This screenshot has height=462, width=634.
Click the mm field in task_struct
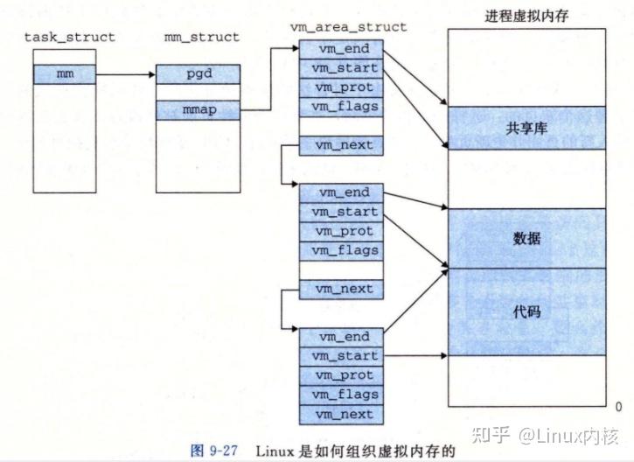[65, 74]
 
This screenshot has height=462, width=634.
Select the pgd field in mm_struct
[198, 74]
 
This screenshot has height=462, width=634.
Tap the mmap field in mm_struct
[198, 111]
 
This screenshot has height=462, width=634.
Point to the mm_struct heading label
[201, 37]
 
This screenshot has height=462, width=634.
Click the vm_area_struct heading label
[348, 27]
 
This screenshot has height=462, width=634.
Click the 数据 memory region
[527, 238]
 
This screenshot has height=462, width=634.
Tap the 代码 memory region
[527, 311]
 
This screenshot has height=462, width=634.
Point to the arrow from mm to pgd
[125, 75]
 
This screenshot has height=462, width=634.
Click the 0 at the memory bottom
[618, 407]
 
